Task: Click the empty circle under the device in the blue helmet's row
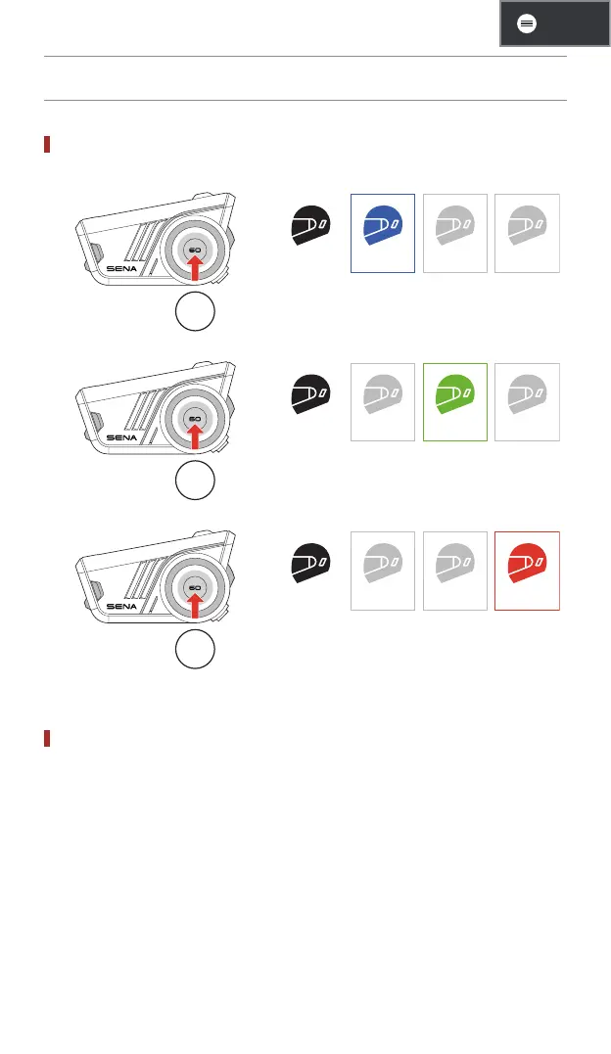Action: click(x=195, y=311)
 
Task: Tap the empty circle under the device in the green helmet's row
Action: click(x=195, y=481)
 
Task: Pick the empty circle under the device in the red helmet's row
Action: click(x=195, y=650)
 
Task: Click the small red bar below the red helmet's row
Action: click(x=46, y=737)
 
